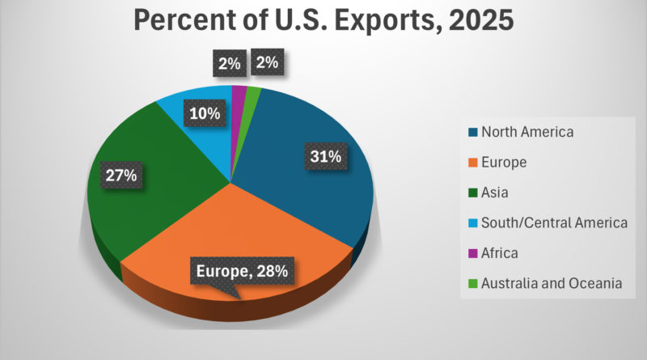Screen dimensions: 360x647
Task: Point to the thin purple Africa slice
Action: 239,93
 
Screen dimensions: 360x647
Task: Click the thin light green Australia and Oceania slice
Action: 252,95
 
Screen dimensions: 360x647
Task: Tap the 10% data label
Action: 202,113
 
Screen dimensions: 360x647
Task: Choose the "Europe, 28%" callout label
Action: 240,270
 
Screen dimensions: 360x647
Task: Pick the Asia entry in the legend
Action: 497,193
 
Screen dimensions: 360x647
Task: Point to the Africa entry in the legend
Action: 501,253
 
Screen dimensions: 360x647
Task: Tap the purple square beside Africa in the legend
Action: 472,253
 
